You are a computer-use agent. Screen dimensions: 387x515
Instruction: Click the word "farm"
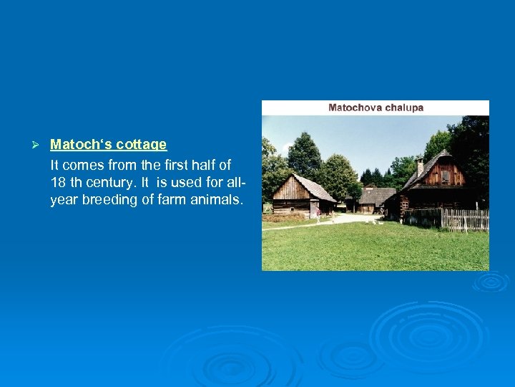(172, 200)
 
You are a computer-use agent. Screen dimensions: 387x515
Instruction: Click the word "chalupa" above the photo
(403, 107)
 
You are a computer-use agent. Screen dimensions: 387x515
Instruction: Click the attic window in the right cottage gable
(446, 176)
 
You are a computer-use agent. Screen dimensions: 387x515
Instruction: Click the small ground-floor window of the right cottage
(405, 204)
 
